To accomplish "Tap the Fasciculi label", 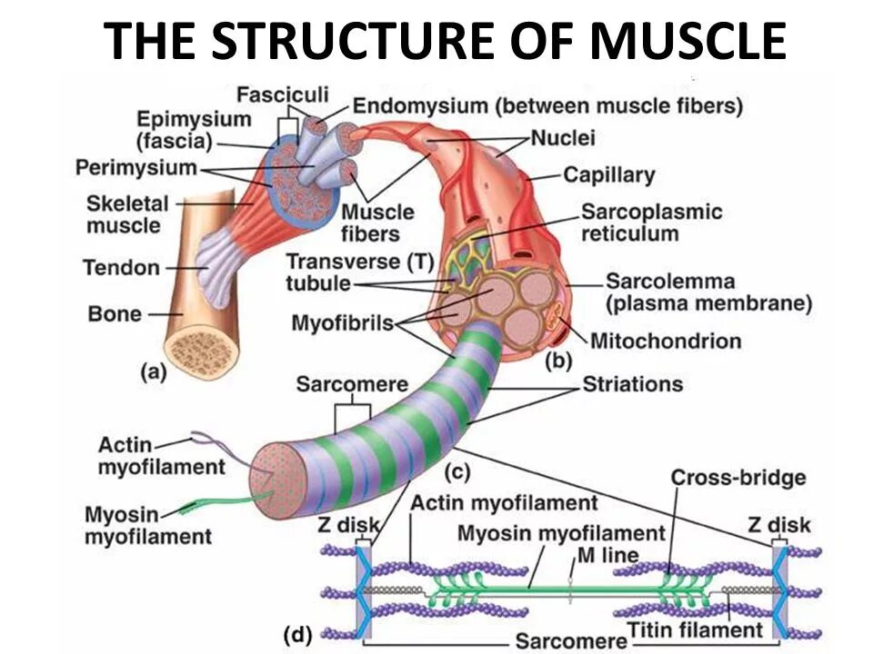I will pos(283,94).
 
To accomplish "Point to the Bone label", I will pos(115,314).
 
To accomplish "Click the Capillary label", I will pos(608,173).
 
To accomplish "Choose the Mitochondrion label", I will pos(666,342).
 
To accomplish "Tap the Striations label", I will pos(632,384).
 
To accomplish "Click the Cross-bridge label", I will pos(738,478).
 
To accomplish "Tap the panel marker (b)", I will pos(557,362).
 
